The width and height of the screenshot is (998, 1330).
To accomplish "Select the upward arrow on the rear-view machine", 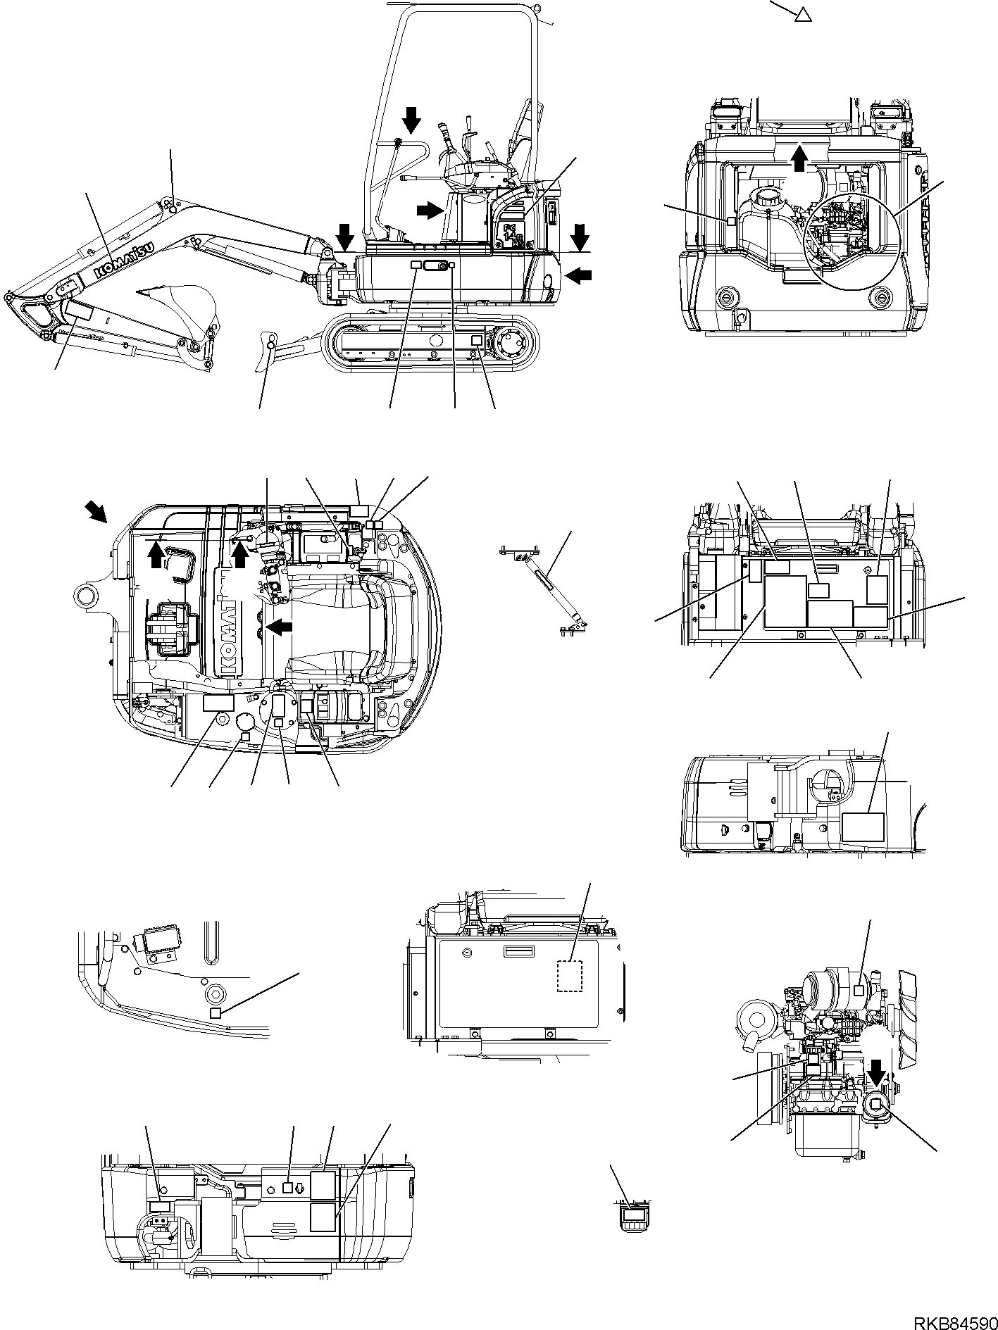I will click(798, 155).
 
